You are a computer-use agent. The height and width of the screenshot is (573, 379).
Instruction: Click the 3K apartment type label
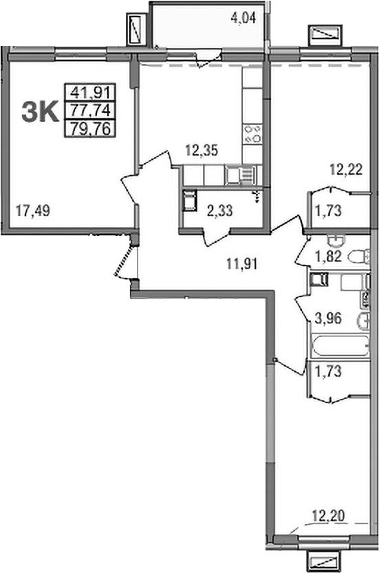[40, 112]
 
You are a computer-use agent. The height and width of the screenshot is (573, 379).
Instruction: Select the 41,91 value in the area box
[90, 92]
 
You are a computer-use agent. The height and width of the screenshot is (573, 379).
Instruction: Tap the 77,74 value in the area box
[90, 109]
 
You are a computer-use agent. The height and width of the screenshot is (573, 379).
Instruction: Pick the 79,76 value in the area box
[90, 129]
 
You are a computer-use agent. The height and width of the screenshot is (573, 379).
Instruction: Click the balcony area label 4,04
[243, 18]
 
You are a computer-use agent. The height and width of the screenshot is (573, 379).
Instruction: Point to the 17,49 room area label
[33, 211]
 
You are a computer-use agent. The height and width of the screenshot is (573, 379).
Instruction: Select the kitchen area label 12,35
[202, 150]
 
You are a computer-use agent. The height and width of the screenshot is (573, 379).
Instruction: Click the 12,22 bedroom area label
[346, 169]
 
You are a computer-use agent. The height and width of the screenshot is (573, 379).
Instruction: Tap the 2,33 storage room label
[220, 211]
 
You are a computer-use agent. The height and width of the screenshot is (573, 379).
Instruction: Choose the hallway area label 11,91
[242, 263]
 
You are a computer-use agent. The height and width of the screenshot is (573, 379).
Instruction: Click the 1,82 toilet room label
[329, 256]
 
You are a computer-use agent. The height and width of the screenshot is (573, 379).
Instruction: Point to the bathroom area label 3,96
[328, 318]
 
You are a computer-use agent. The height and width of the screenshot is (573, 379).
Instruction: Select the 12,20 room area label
[329, 516]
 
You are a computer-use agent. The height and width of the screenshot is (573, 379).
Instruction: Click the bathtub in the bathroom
[340, 345]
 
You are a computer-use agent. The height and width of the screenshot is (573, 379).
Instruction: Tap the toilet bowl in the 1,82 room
[359, 257]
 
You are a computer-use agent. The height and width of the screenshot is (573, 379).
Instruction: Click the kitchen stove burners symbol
[253, 133]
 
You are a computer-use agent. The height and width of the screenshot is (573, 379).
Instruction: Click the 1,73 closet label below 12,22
[329, 211]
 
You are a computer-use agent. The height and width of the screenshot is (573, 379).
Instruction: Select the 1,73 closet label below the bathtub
[328, 371]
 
